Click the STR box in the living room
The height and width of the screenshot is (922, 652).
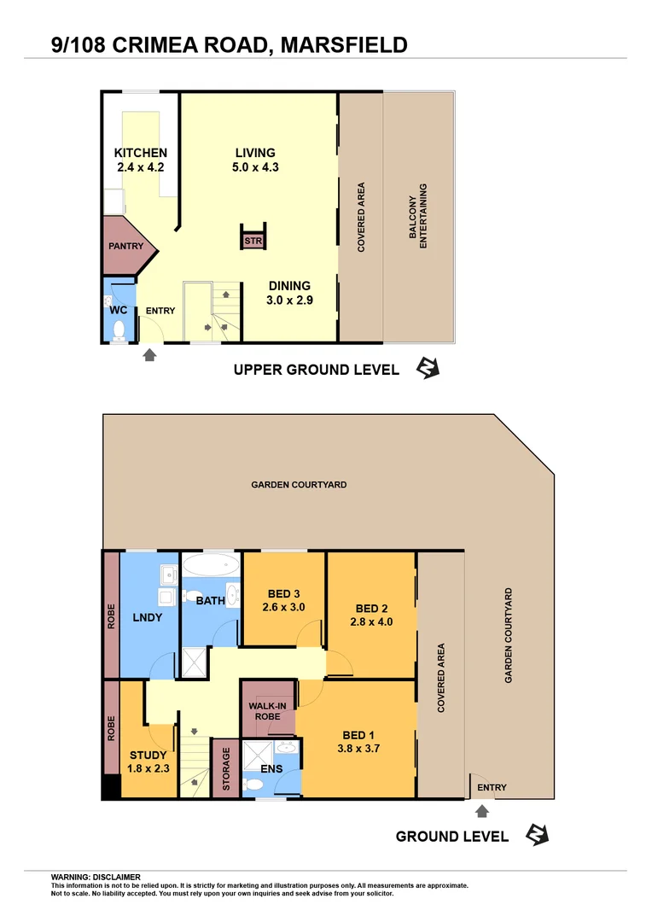point(253,242)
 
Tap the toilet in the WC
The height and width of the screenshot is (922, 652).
point(119,330)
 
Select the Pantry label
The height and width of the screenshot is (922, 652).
point(125,246)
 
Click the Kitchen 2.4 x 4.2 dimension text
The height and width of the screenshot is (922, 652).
point(141,167)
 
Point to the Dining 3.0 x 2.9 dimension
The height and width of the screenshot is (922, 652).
point(290,301)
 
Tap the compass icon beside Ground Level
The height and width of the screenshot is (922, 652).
point(536,835)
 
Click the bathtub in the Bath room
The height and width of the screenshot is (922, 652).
point(211,565)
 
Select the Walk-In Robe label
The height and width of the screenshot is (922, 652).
point(267,712)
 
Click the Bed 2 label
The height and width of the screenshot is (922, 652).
point(372,609)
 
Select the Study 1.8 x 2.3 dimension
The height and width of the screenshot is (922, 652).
point(148,768)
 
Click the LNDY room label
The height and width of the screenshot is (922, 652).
point(147,617)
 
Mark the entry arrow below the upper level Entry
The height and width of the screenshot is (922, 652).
point(149,353)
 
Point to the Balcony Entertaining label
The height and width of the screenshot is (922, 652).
point(418,216)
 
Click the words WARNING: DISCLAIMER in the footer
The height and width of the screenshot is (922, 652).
point(96,877)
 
